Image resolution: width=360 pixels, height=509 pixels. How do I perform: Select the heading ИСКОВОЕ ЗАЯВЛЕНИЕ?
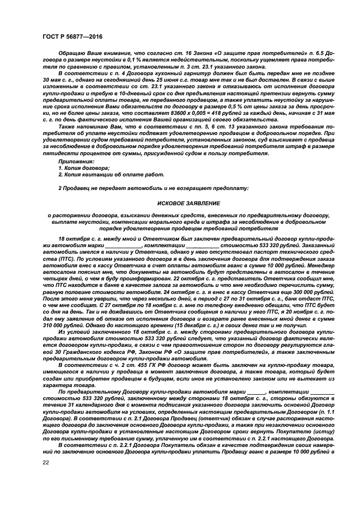pos(189,203)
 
